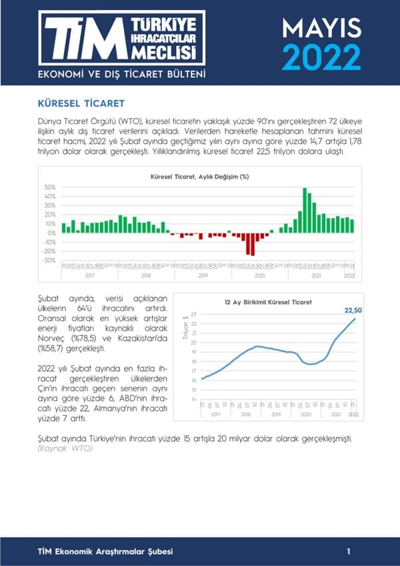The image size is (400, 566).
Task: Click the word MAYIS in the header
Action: pos(321,27)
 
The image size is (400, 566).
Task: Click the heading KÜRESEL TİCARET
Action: pos(79,105)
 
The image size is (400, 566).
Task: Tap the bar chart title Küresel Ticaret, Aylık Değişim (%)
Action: pos(200,177)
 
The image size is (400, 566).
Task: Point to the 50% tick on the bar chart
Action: pos(50,187)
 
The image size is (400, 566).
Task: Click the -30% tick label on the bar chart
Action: pos(49,261)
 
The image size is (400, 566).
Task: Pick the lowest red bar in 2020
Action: pos(252,244)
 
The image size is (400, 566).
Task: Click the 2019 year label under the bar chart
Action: pos(203,275)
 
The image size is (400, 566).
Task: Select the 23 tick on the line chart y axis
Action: pos(194,314)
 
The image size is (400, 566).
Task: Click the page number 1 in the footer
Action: pos(349,552)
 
